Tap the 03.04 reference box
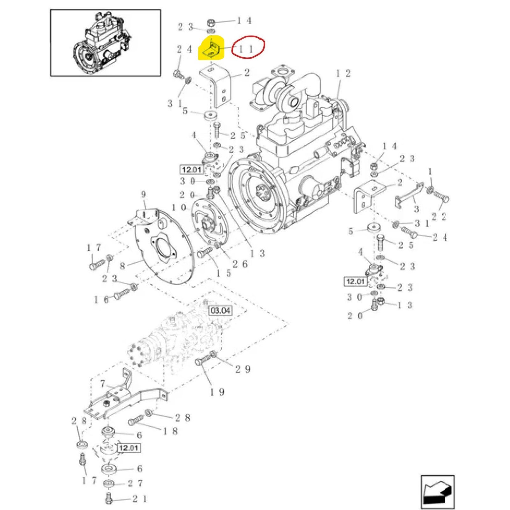click(x=220, y=310)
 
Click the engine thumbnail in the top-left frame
click(x=106, y=43)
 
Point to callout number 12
click(x=343, y=74)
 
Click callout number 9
click(x=143, y=194)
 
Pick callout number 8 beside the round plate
click(x=123, y=266)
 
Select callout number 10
click(x=178, y=208)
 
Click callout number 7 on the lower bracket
click(x=103, y=383)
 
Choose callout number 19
click(x=217, y=392)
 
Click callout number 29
click(x=243, y=369)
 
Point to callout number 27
click(x=135, y=484)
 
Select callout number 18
click(x=170, y=431)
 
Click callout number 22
click(x=439, y=217)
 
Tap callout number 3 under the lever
click(x=416, y=209)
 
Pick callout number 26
click(x=240, y=264)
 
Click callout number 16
click(x=101, y=299)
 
